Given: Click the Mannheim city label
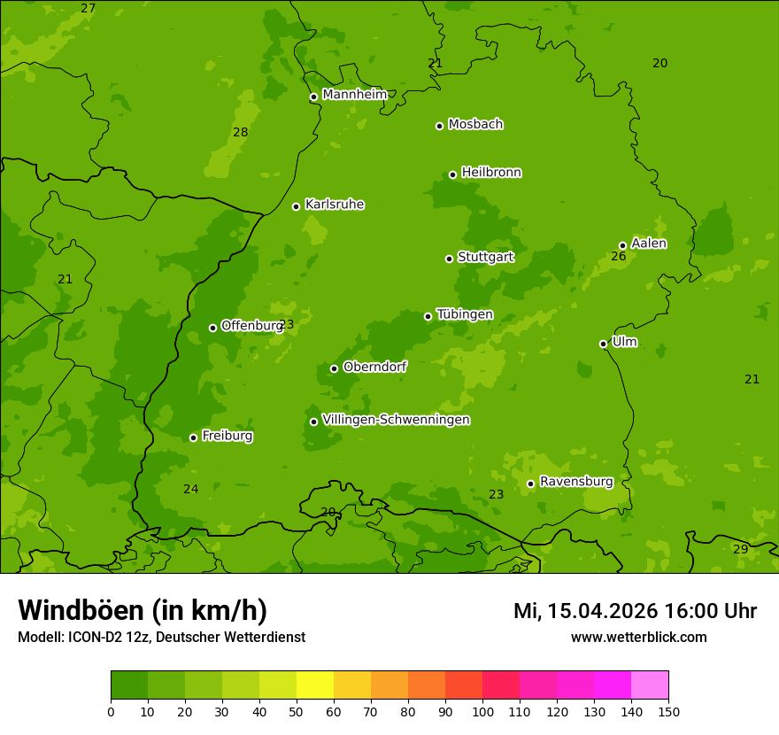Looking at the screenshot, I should pos(354,95).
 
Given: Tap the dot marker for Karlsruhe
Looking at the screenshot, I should pos(296,207).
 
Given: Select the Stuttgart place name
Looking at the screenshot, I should pos(485,258).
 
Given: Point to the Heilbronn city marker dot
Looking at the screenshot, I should pos(452,174).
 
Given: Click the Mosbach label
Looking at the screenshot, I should pos(475,125).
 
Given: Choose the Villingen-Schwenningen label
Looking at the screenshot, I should pos(396,420).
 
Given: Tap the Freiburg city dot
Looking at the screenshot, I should pos(193,437).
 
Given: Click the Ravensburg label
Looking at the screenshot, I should pos(575,482).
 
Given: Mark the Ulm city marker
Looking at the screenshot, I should pos(603,344).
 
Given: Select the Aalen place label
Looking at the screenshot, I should pos(649,244).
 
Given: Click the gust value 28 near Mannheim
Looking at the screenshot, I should pos(240,133).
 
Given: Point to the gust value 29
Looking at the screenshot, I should pos(740,550).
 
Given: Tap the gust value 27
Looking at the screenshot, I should pos(88,9).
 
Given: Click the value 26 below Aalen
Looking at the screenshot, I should pos(618,257).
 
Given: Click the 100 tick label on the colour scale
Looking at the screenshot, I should pos(482,712).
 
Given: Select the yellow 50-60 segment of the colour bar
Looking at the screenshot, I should pos(315,685).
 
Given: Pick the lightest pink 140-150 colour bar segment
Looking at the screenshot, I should pos(650,685).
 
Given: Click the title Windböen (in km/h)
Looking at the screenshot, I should pos(143,611).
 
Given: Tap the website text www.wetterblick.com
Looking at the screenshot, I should pos(638,638).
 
